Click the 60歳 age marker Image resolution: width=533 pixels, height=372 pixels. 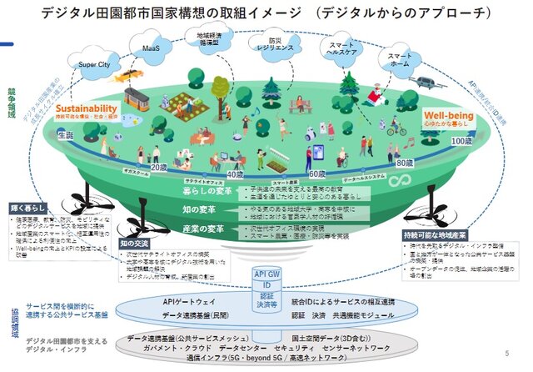coord(316,173)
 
